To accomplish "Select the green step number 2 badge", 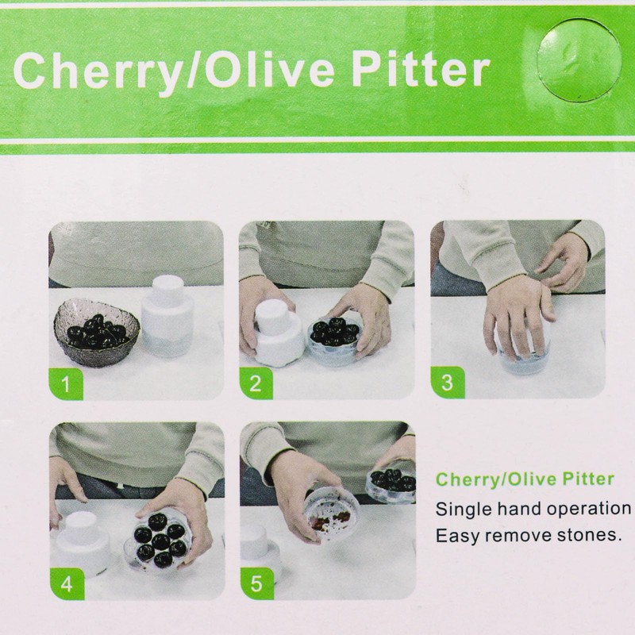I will click(256, 384).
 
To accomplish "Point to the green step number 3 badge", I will click(446, 384).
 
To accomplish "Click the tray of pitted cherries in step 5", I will click(391, 484).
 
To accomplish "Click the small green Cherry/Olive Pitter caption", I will click(525, 479).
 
